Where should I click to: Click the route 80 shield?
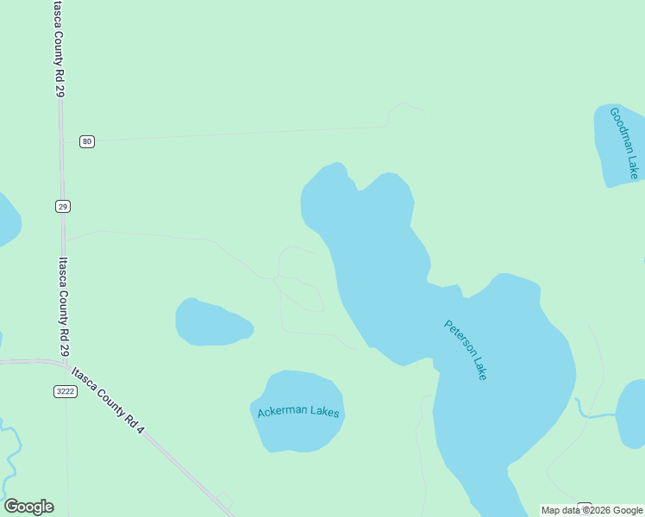87,141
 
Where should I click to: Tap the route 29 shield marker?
63,206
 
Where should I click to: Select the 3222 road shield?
66,391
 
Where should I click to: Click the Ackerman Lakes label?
298,413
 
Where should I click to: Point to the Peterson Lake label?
466,350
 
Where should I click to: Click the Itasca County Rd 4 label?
108,400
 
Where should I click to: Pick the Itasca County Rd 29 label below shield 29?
62,306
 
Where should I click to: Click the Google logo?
28,507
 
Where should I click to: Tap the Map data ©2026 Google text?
592,510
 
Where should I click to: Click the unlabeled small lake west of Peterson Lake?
211,322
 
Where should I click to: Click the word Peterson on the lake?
457,337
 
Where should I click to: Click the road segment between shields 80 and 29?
61,172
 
